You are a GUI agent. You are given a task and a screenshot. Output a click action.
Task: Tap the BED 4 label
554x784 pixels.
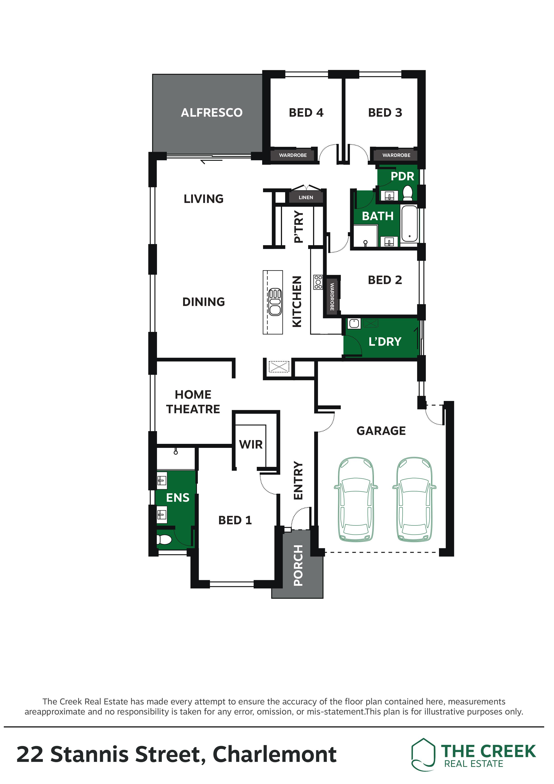click(306, 113)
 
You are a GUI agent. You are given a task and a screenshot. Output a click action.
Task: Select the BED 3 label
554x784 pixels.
click(385, 113)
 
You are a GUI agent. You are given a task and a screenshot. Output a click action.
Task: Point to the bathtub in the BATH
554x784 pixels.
click(409, 224)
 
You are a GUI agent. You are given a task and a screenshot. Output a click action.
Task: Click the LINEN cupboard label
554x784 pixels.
click(306, 197)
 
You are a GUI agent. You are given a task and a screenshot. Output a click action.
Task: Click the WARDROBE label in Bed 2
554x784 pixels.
click(332, 296)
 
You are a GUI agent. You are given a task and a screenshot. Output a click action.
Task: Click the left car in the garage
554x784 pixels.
click(356, 499)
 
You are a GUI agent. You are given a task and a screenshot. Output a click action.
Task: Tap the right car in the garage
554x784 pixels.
click(414, 499)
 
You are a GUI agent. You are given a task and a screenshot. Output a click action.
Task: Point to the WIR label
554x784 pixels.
click(251, 445)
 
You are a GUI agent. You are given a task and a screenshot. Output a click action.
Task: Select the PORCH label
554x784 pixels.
click(298, 565)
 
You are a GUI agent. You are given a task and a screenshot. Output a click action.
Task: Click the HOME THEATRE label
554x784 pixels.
click(193, 402)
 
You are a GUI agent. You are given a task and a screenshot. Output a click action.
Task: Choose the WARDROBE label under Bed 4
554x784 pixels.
click(293, 155)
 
